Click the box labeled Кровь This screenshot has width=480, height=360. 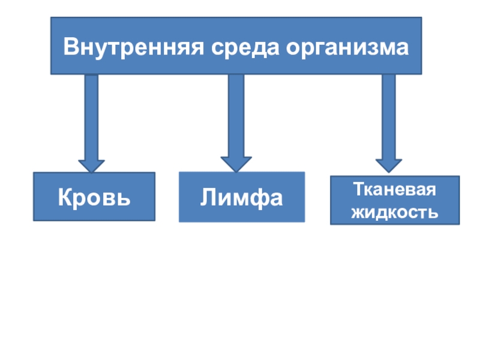(x=94, y=197)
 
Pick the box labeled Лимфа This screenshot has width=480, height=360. (x=242, y=197)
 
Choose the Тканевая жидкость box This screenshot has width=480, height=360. (x=395, y=200)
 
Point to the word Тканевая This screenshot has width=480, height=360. (x=394, y=190)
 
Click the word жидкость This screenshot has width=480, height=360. (x=394, y=212)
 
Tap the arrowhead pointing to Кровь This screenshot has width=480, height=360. (x=91, y=166)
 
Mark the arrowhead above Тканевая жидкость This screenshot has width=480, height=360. (x=389, y=165)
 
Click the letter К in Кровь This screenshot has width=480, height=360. (x=64, y=197)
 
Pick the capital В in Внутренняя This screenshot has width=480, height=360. (x=70, y=46)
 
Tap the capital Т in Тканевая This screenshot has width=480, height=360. (x=358, y=190)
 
